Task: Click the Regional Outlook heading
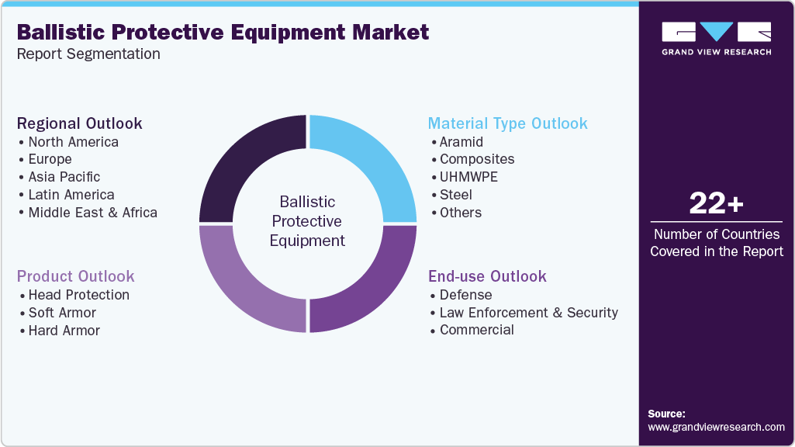[x=80, y=123]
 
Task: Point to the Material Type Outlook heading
[x=508, y=123]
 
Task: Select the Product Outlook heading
[x=76, y=276]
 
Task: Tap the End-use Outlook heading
[x=487, y=276]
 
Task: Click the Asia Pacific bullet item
[x=64, y=177]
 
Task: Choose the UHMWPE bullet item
[x=468, y=177]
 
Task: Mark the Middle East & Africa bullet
[x=92, y=213]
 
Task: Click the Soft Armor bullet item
[x=61, y=313]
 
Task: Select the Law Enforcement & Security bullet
[x=528, y=313]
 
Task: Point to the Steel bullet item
[x=455, y=195]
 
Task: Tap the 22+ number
[x=716, y=204]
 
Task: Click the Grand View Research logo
[x=716, y=38]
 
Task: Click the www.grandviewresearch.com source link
[x=716, y=427]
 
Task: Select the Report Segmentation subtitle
[x=88, y=54]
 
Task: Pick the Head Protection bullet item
[x=78, y=295]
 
